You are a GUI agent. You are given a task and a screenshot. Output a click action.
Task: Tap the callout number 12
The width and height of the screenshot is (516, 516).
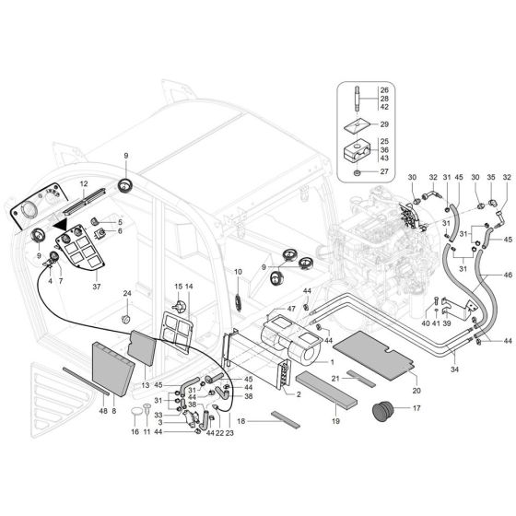pos(82,183)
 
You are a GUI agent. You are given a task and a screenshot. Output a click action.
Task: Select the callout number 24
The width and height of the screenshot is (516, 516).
pos(128,294)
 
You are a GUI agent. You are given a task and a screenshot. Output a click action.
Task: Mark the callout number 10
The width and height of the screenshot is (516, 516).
pos(237,272)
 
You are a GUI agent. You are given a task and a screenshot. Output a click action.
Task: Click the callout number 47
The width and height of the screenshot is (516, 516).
pos(292,309)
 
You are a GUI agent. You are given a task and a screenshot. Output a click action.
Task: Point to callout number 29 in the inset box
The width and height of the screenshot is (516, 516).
pos(385,123)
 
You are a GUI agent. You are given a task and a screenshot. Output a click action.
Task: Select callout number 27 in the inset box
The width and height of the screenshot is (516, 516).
pos(385,171)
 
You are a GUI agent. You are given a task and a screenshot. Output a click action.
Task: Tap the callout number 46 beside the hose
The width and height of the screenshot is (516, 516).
pos(509,276)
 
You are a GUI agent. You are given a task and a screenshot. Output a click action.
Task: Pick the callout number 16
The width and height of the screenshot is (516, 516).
pos(135,431)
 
